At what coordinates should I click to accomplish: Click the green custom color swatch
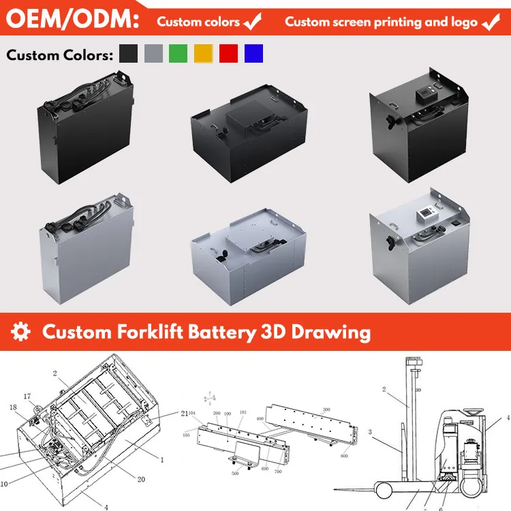click(x=177, y=54)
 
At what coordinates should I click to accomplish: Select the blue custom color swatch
click(x=253, y=54)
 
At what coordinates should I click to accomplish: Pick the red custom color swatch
click(x=228, y=54)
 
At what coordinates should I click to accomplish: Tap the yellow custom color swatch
click(x=203, y=54)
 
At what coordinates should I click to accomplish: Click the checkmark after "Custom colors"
click(x=253, y=22)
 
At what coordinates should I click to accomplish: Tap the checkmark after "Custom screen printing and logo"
click(x=491, y=22)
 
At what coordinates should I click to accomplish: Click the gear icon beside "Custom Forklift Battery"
click(x=22, y=332)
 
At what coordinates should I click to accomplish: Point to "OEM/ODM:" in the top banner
click(x=72, y=20)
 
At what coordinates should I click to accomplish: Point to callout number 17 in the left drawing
click(x=27, y=396)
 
